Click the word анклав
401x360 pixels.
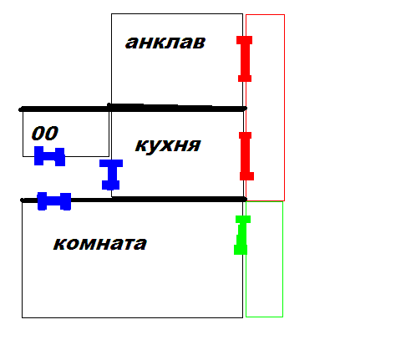[x=165, y=43]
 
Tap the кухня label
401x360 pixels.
[x=168, y=145]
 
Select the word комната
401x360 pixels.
[x=100, y=244]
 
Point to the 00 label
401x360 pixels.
[x=45, y=133]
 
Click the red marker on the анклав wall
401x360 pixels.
[x=245, y=58]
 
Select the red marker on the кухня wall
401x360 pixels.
[x=246, y=156]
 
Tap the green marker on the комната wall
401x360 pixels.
[x=242, y=235]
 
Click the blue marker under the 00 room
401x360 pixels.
[x=49, y=156]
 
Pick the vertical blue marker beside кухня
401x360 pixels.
[x=111, y=175]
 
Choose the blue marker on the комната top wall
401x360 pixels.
[x=54, y=201]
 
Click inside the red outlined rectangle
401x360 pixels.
[x=265, y=108]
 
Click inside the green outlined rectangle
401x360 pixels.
[x=264, y=259]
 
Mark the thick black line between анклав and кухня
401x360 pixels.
[x=133, y=109]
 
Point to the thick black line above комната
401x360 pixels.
[x=134, y=200]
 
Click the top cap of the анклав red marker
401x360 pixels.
[x=245, y=40]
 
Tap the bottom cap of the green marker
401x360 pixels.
[x=241, y=250]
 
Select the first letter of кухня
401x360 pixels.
[x=141, y=145]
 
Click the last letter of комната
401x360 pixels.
[x=140, y=244]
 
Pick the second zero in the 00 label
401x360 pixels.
[x=52, y=133]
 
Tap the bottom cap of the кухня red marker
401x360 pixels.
[x=246, y=176]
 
